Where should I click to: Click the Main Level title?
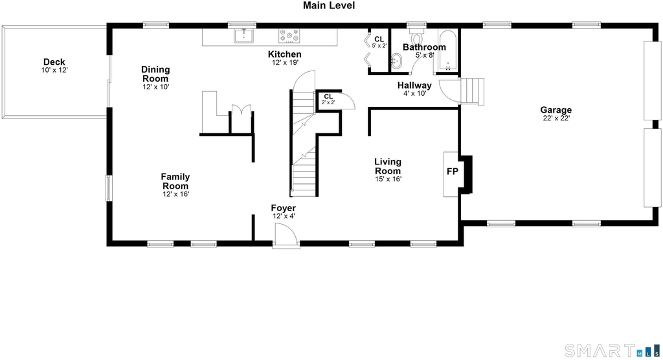pos(329,5)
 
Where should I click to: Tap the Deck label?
pos(54,62)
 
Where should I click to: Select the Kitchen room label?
pos(285,54)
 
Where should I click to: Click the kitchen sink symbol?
pos(243,36)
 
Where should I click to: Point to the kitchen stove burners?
pos(289,36)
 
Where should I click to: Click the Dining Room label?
pos(155,74)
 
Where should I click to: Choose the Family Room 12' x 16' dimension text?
pos(176,194)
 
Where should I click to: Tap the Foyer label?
pos(284,208)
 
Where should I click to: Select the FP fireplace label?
pos(453,172)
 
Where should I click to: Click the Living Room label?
pos(388,166)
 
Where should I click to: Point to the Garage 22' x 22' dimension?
pos(556,118)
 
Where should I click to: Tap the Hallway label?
pos(414,85)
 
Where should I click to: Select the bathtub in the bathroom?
pos(447,50)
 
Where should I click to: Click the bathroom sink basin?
pos(396,62)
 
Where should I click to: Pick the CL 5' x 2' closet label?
pos(379,42)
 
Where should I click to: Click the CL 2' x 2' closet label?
pos(328,99)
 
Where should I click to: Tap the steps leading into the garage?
pos(472,91)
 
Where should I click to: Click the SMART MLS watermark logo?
pos(612,350)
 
